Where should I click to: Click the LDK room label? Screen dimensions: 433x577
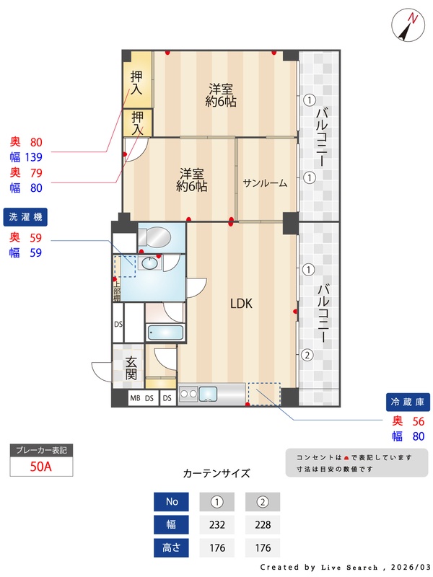pyautogui.click(x=241, y=304)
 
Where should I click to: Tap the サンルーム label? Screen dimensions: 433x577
pyautogui.click(x=265, y=183)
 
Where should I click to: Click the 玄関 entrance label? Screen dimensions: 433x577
pyautogui.click(x=131, y=368)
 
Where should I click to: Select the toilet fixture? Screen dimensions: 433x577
pyautogui.click(x=154, y=237)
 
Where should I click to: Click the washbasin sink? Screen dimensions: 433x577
pyautogui.click(x=150, y=263)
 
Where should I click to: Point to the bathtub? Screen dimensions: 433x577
pyautogui.click(x=165, y=332)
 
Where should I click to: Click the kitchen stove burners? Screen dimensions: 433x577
pyautogui.click(x=188, y=394)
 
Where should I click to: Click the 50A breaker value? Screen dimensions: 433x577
pyautogui.click(x=41, y=467)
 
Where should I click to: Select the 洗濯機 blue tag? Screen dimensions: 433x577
pyautogui.click(x=25, y=217)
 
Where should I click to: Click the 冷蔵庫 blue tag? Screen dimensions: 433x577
pyautogui.click(x=408, y=402)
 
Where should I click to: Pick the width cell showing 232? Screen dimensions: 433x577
pyautogui.click(x=217, y=524)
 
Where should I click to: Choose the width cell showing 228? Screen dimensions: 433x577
pyautogui.click(x=263, y=524)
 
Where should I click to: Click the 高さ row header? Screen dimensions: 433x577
pyautogui.click(x=171, y=547)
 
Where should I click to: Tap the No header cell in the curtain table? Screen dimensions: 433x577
pyautogui.click(x=171, y=501)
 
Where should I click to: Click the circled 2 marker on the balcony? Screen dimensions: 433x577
pyautogui.click(x=307, y=355)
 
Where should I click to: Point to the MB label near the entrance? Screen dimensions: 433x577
pyautogui.click(x=135, y=398)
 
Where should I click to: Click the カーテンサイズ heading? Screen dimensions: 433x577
pyautogui.click(x=216, y=473)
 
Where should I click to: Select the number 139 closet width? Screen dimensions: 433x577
pyautogui.click(x=33, y=157)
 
